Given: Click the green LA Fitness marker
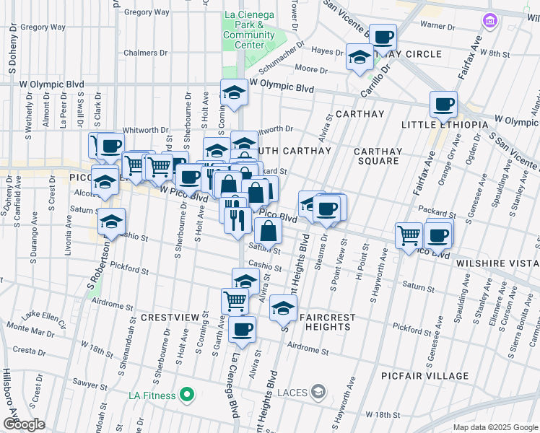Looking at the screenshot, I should [x=187, y=395].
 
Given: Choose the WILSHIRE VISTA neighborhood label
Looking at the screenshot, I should [x=497, y=264].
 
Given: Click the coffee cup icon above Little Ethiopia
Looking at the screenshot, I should [x=443, y=105].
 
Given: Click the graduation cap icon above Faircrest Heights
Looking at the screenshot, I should [x=283, y=307].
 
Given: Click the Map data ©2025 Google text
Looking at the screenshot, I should [x=495, y=427].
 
